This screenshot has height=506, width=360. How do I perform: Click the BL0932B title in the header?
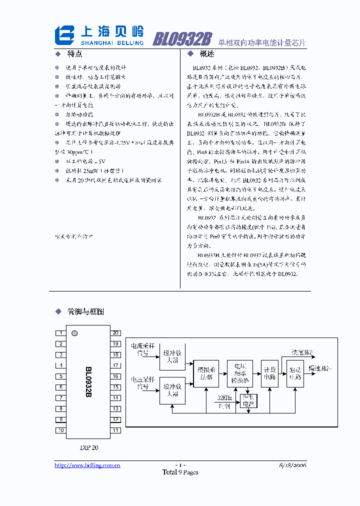pyautogui.click(x=182, y=38)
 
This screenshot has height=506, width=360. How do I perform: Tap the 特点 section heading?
pyautogui.click(x=74, y=54)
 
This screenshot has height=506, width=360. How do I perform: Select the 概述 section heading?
pyautogui.click(x=206, y=54)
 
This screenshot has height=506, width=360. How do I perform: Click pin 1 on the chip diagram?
pyautogui.click(x=60, y=333)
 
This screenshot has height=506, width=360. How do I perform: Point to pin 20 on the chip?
pyautogui.click(x=115, y=333)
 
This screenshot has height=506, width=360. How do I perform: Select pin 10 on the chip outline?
pyautogui.click(x=60, y=430)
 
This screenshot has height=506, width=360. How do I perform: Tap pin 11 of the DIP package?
pyautogui.click(x=115, y=430)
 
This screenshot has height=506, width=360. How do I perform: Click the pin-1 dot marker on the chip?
pyautogui.click(x=75, y=333)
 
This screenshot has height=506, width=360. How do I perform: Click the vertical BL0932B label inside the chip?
pyautogui.click(x=88, y=382)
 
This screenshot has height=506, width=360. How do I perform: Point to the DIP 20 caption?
pyautogui.click(x=89, y=447)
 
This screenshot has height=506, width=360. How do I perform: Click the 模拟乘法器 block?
pyautogui.click(x=205, y=373)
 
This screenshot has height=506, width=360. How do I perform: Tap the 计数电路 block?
pyautogui.click(x=270, y=373)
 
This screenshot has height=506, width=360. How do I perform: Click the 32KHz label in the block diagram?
pyautogui.click(x=224, y=397)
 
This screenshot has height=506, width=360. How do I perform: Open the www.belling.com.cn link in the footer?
pyautogui.click(x=87, y=465)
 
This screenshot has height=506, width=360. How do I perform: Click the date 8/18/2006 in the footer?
pyautogui.click(x=292, y=465)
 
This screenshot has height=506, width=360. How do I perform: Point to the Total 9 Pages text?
pyautogui.click(x=180, y=472)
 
